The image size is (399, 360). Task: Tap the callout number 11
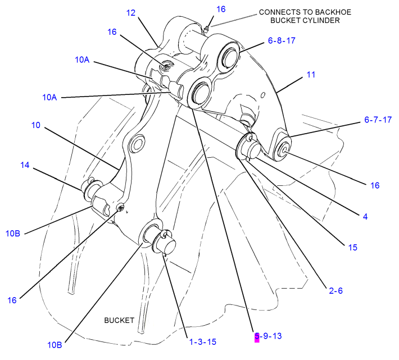coord(311,74)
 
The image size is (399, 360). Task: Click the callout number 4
coord(365,215)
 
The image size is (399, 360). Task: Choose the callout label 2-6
coord(335,290)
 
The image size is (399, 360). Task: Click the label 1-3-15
coord(202,341)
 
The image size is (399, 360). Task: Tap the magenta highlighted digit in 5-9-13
coord(257,336)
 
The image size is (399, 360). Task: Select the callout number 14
coord(24,165)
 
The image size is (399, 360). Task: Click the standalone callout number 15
coord(352,247)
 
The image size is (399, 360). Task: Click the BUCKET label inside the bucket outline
coord(119,320)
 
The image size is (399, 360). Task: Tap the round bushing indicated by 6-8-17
coord(229,56)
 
